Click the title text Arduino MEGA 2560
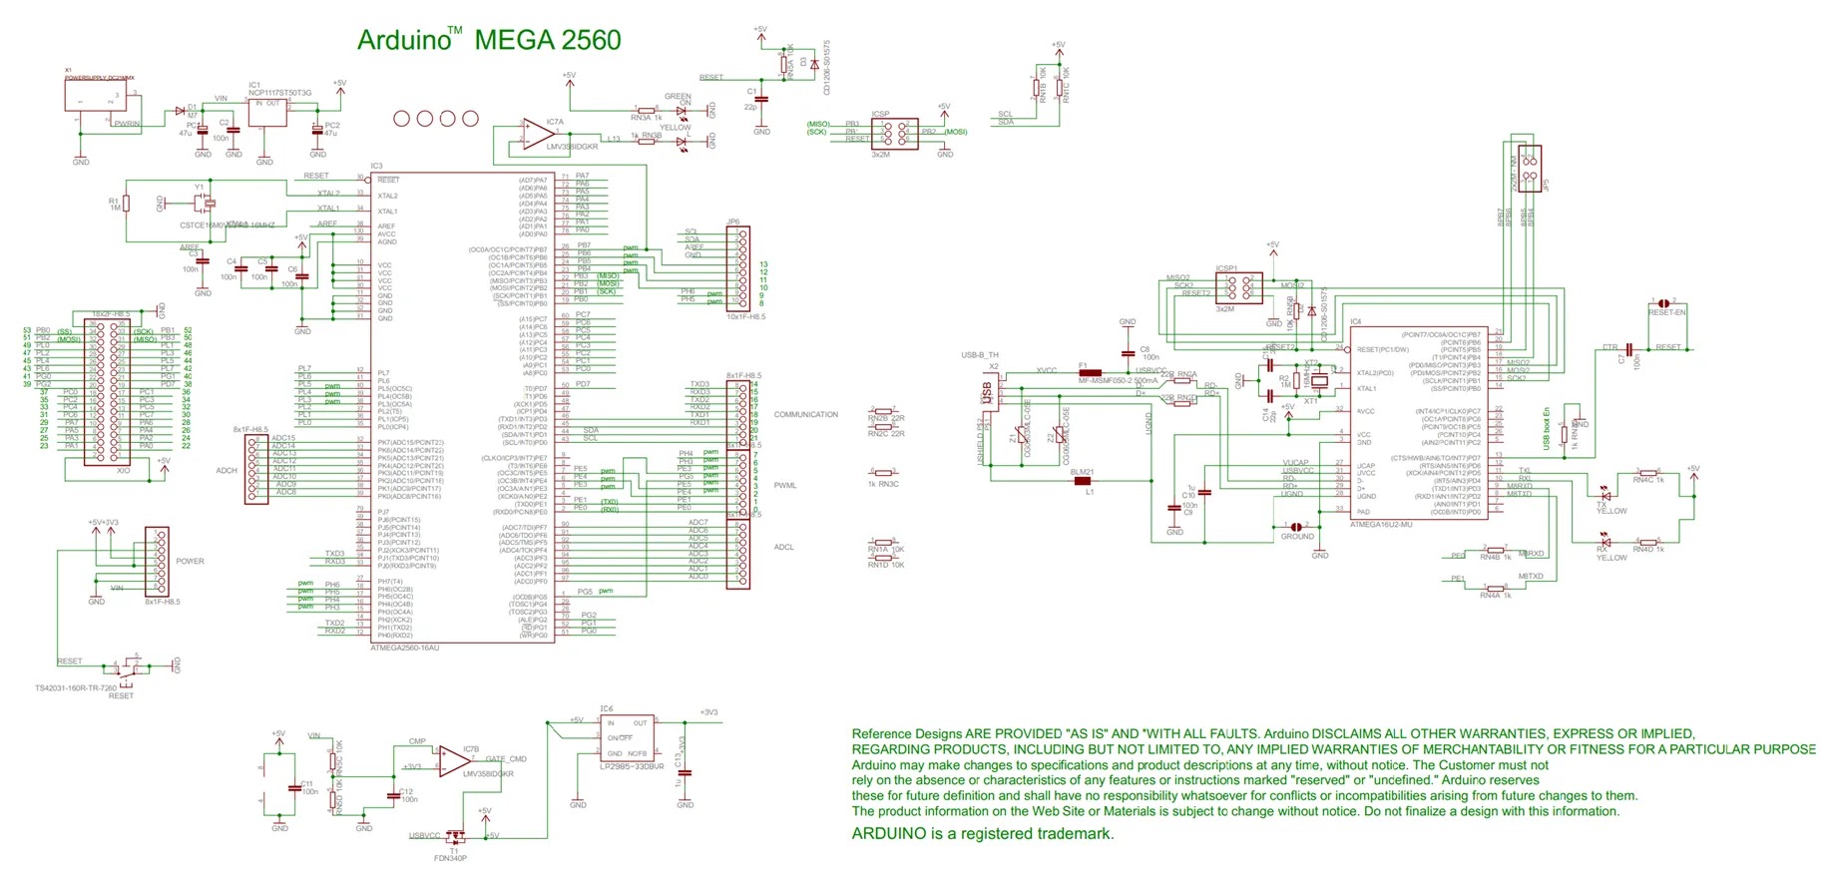pyautogui.click(x=489, y=40)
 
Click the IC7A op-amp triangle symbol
pyautogui.click(x=539, y=134)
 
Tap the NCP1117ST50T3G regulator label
pyautogui.click(x=280, y=93)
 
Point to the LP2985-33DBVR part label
pyautogui.click(x=632, y=766)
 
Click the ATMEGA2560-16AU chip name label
pyautogui.click(x=404, y=648)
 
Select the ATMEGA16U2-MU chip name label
pyautogui.click(x=1381, y=524)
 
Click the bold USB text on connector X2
pyautogui.click(x=987, y=394)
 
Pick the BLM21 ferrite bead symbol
pyautogui.click(x=1082, y=481)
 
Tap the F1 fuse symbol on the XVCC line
pyautogui.click(x=1090, y=373)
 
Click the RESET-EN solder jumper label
pyautogui.click(x=1666, y=312)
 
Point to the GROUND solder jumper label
pyautogui.click(x=1297, y=537)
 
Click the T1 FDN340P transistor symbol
pyautogui.click(x=454, y=837)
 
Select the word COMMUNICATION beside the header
pyautogui.click(x=806, y=414)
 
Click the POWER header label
pyautogui.click(x=190, y=561)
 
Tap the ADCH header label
pyautogui.click(x=227, y=470)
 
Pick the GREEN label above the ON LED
pyautogui.click(x=678, y=97)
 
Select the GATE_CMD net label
pyautogui.click(x=506, y=759)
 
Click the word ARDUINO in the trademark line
pyautogui.click(x=890, y=834)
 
